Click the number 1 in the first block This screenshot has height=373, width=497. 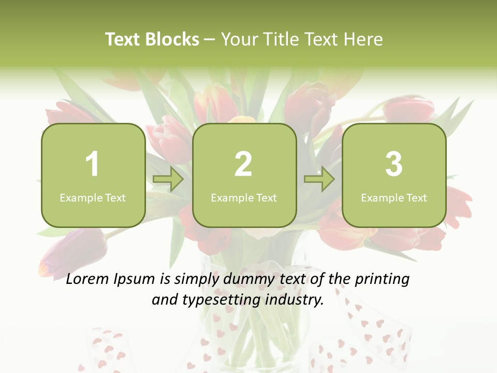[x=92, y=164]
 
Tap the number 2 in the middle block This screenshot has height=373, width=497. [x=243, y=164]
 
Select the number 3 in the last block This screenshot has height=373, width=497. [x=394, y=164]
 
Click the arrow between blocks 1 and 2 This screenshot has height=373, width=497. [x=168, y=180]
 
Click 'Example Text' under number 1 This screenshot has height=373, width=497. [x=93, y=197]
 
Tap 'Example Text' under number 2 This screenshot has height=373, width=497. [x=244, y=197]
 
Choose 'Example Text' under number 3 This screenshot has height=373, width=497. [x=394, y=197]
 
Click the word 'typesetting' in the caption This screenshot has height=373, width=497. [x=222, y=300]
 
